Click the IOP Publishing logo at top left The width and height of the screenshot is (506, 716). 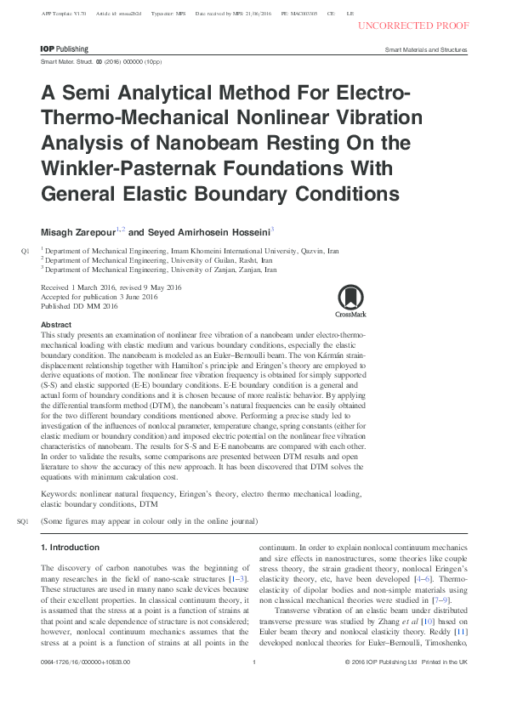[x=65, y=50]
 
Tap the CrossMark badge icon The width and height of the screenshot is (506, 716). [x=351, y=298]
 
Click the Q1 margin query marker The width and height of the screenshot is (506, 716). [x=25, y=252]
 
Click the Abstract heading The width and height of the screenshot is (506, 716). [x=56, y=325]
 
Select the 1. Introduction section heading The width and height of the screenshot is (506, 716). [x=71, y=547]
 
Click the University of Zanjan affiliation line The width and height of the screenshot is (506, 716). [x=161, y=270]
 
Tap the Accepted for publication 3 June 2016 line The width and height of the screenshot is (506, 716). [x=99, y=298]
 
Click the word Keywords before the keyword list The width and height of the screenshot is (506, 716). [x=60, y=493]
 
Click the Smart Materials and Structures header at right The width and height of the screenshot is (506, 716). [x=426, y=50]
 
